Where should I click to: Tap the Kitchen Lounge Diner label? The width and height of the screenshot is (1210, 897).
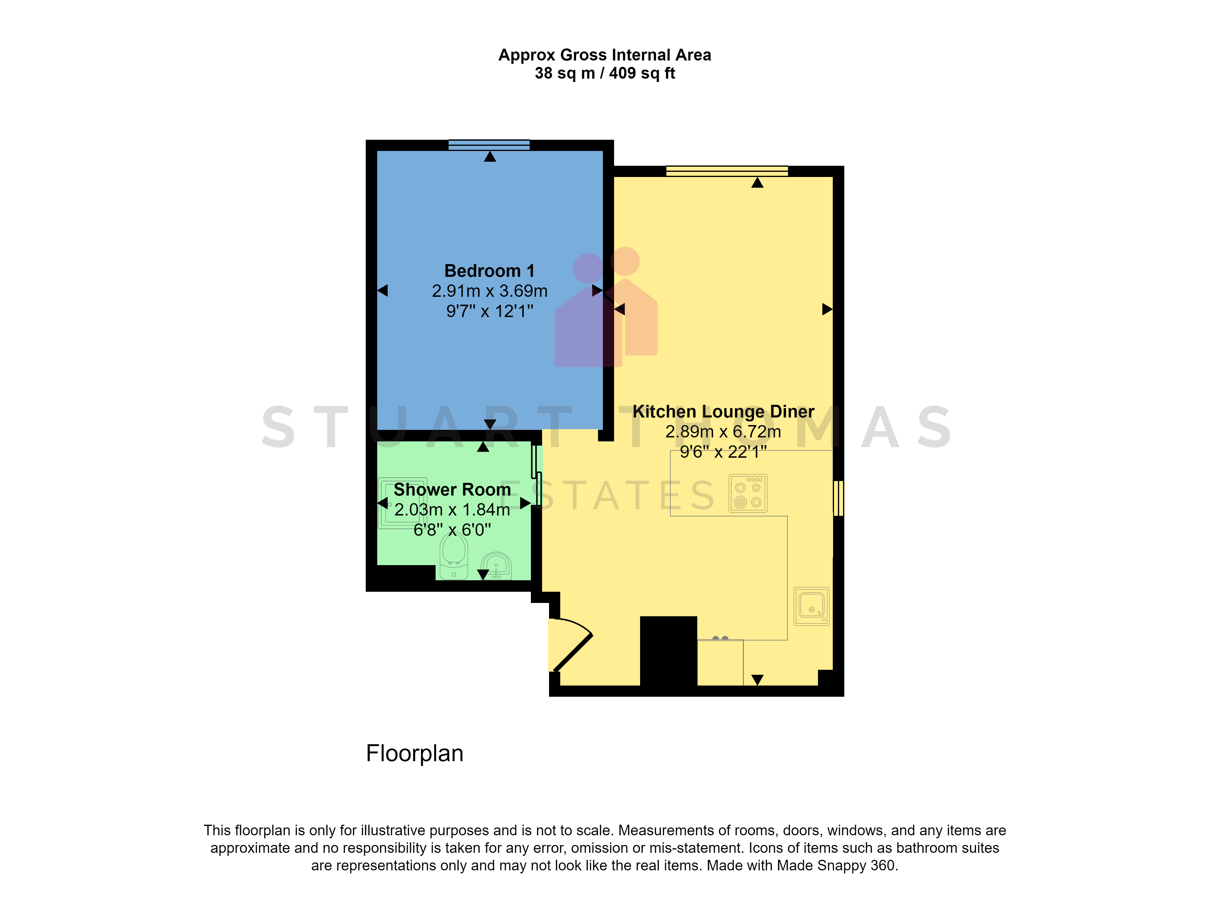[723, 411]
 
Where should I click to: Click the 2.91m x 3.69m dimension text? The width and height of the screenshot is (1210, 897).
[489, 291]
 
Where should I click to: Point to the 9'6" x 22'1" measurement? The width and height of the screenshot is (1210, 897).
[723, 452]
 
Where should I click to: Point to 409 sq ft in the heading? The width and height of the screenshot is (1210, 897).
[642, 73]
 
